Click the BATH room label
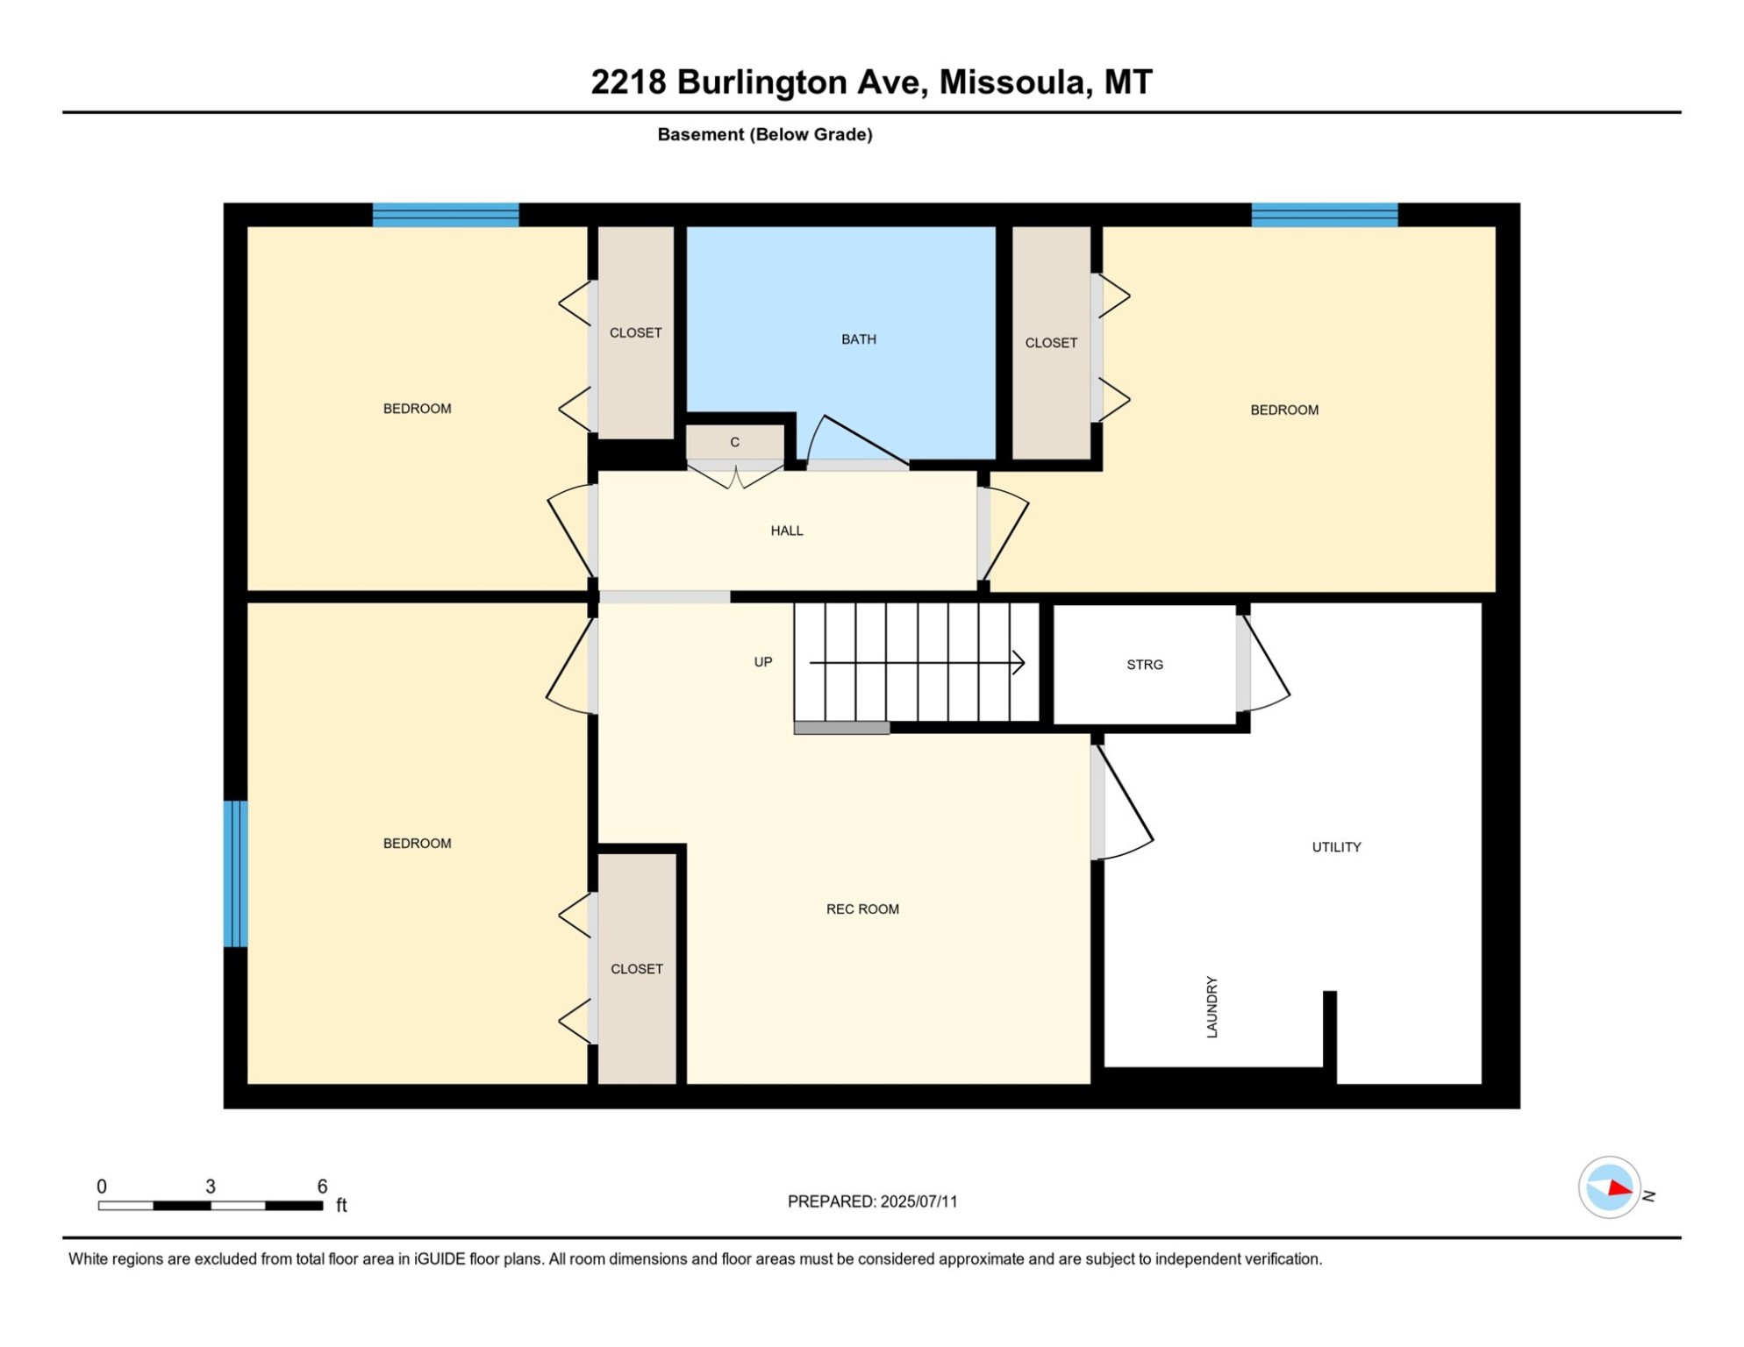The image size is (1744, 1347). coord(858,339)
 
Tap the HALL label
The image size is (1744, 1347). coord(786,531)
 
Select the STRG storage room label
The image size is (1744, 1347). coord(1144,665)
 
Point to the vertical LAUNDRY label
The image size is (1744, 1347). coord(1212,1007)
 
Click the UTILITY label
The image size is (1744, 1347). coord(1335,847)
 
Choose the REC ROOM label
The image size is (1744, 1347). coord(861,909)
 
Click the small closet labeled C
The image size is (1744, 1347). coord(734,443)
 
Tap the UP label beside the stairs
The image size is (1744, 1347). coord(762,662)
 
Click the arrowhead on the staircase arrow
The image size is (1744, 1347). coord(1019,663)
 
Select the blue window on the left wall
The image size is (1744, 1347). coord(235,873)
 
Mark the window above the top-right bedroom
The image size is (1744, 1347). coord(1323,215)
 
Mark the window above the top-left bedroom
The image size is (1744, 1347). coord(445,215)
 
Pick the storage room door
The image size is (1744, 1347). coord(1265,664)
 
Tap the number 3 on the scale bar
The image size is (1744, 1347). coord(211,1187)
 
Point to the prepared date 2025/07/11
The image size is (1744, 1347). coord(918,1201)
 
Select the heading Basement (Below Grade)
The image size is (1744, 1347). coord(764,134)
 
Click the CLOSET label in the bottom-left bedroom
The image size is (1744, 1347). coord(636,969)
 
